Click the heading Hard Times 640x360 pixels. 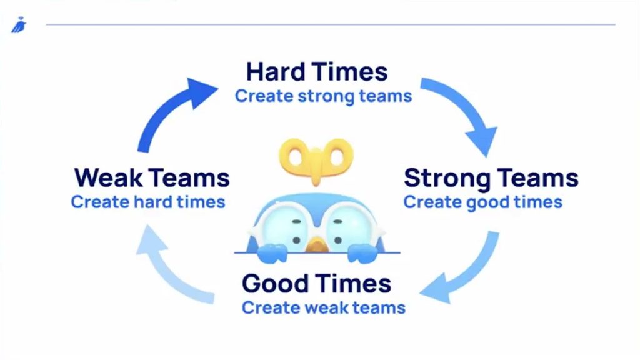point(317,72)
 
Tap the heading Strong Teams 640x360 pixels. point(491,178)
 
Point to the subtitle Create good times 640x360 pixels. point(483,202)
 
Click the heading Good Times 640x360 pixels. point(316,283)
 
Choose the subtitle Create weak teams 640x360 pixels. point(324,307)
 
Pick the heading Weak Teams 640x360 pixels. point(152,178)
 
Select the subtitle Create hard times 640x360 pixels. point(148,202)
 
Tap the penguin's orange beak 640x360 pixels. point(317,246)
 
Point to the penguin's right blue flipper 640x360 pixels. point(362,253)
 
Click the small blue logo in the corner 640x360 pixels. point(19,25)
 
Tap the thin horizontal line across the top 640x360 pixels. point(331,24)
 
